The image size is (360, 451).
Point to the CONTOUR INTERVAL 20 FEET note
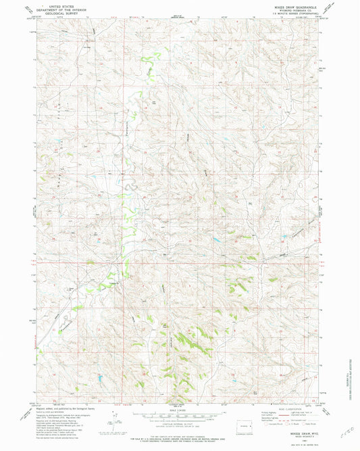179,422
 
